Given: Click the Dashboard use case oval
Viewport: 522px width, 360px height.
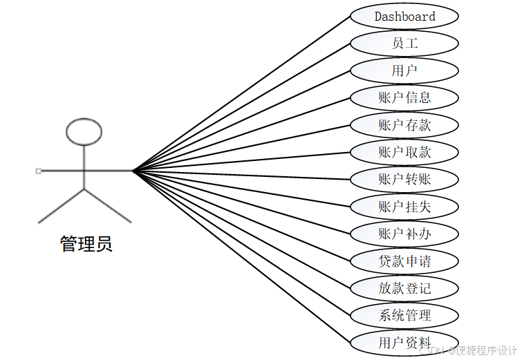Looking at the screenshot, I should click(x=404, y=17).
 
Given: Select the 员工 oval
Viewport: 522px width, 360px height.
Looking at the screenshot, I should click(x=404, y=44).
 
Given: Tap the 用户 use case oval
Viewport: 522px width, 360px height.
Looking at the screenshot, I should click(x=404, y=70).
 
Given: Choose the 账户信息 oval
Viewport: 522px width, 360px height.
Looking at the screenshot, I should click(x=404, y=98).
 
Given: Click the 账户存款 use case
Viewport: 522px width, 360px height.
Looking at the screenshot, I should click(x=404, y=125).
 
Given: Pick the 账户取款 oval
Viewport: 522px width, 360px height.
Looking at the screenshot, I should click(x=404, y=152).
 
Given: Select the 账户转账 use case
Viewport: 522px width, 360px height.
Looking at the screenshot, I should click(x=404, y=180).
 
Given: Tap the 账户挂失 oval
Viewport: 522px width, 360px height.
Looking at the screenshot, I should click(x=404, y=207).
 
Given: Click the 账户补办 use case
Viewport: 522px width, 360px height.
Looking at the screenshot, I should click(x=404, y=234).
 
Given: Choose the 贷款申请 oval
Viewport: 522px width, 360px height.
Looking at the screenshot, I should click(x=404, y=261).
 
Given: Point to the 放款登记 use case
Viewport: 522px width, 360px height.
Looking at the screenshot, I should click(x=404, y=288).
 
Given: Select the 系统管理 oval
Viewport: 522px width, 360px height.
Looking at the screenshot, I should click(x=404, y=316).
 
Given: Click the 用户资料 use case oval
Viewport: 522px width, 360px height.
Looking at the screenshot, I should click(x=404, y=343).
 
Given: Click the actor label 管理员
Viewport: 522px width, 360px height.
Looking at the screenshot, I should click(x=86, y=244).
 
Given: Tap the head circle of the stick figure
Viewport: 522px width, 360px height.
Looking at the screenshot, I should click(x=84, y=131).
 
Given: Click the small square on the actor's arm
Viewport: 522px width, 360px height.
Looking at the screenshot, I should click(x=39, y=170).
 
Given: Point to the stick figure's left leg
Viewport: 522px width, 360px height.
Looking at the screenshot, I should click(x=61, y=205).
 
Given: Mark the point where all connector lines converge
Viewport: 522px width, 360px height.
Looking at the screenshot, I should click(x=133, y=170).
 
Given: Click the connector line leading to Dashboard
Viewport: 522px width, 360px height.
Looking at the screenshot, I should click(x=242, y=93).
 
